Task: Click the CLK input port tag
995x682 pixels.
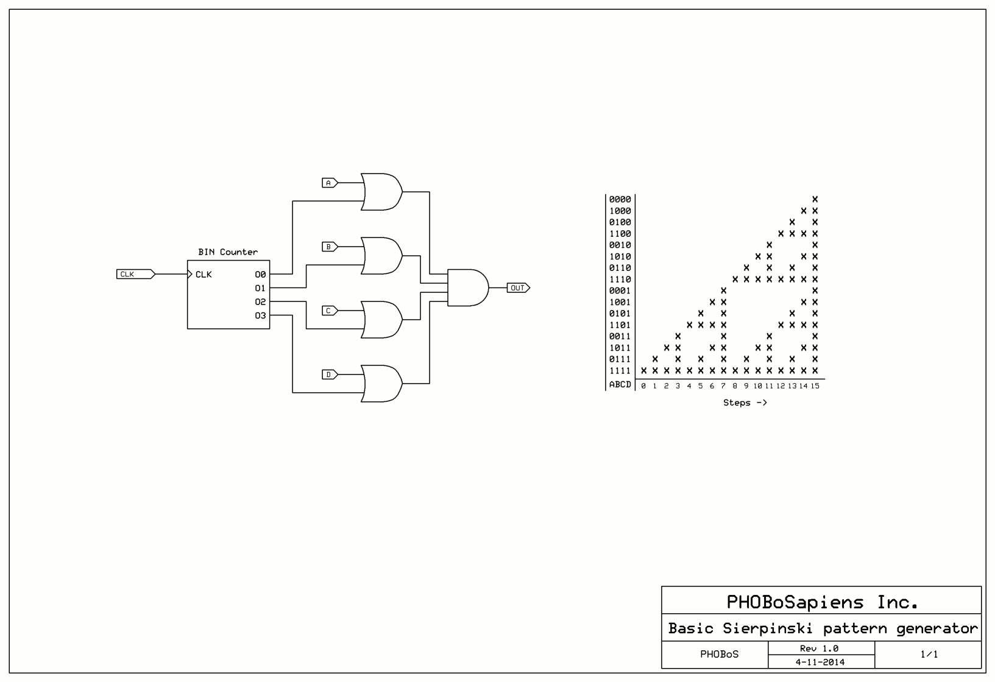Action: [135, 274]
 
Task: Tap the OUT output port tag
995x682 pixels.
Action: [518, 288]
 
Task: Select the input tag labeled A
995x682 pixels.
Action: [329, 183]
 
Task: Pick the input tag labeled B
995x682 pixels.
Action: [329, 247]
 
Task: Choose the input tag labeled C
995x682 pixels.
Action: [329, 311]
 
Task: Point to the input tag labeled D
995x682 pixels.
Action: [329, 374]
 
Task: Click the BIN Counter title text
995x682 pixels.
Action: [228, 252]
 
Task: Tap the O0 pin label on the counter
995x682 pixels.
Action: [260, 275]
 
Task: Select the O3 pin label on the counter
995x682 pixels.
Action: [260, 315]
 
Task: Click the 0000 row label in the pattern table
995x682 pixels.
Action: [620, 199]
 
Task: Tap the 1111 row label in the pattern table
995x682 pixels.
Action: [620, 371]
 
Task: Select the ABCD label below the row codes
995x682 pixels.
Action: [620, 384]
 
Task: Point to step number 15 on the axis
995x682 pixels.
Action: [815, 386]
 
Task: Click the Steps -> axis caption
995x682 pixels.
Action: [745, 403]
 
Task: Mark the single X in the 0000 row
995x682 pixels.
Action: [815, 199]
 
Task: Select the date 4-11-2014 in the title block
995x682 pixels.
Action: [820, 662]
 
